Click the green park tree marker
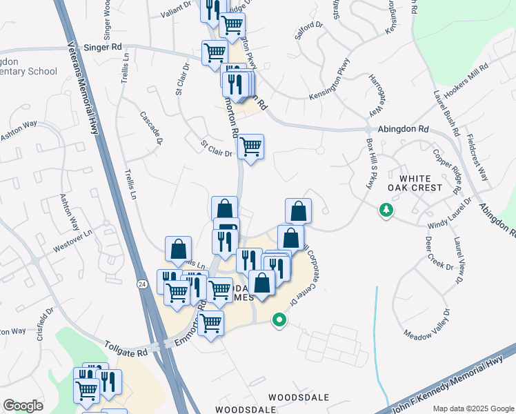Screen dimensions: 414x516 (x=385, y=210)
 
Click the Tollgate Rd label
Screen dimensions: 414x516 (x=127, y=352)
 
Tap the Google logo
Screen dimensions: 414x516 (x=23, y=406)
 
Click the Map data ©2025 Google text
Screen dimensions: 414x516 (x=473, y=408)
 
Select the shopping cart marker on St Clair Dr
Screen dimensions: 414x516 (x=250, y=147)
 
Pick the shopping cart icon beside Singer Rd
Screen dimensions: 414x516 (x=215, y=52)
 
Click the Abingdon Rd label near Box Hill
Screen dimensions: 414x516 (x=404, y=129)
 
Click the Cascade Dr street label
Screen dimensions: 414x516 (x=150, y=128)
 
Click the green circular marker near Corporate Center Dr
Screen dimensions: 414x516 (x=279, y=320)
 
